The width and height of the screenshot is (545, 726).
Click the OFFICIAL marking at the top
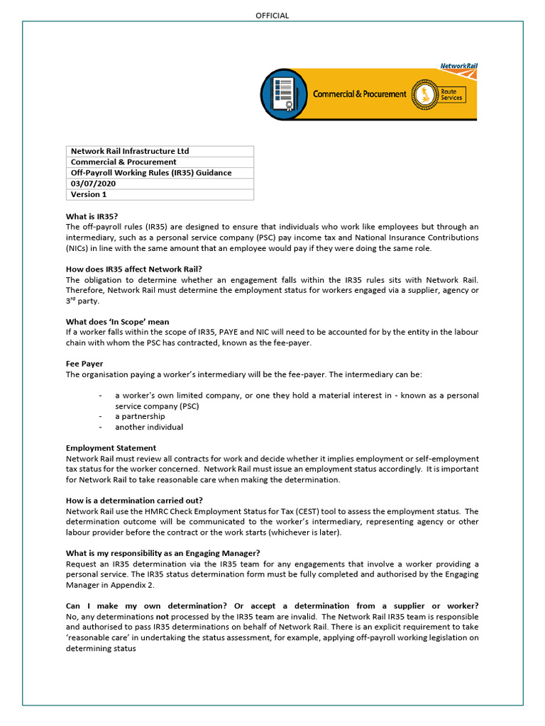tap(272, 16)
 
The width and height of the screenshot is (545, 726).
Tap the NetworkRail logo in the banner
tap(458, 66)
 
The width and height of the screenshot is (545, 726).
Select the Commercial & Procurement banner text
tap(360, 94)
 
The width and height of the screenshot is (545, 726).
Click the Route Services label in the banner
tap(451, 94)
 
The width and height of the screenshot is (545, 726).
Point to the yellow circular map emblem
tap(424, 94)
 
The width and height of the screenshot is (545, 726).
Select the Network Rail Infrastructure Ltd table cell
tap(130, 151)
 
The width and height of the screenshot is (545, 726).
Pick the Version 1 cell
tap(89, 194)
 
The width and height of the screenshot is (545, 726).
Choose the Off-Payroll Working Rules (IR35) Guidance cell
tap(151, 173)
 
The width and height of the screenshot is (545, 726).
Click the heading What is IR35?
tap(92, 216)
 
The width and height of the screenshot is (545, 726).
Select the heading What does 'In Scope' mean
tap(118, 322)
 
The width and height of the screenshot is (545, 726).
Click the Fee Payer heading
tap(84, 364)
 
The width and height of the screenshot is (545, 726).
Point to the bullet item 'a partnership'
tap(140, 417)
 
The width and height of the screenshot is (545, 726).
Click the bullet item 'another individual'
tap(149, 428)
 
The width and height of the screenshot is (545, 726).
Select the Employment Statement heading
tap(111, 448)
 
